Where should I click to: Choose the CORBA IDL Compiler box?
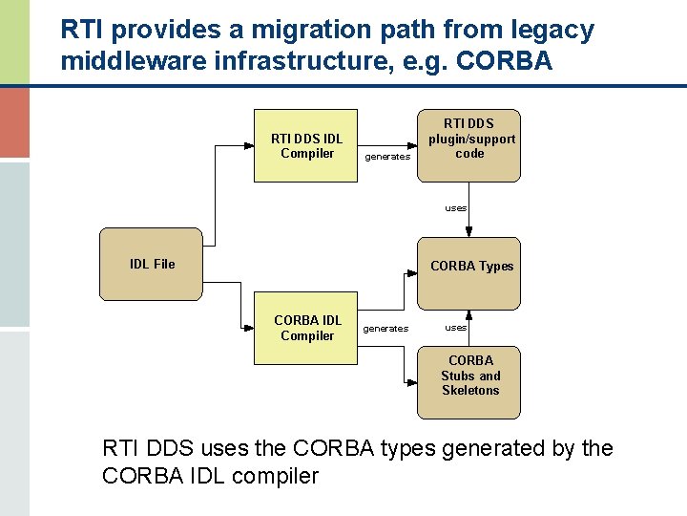[x=306, y=328]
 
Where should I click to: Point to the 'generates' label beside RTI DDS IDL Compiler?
[x=387, y=157]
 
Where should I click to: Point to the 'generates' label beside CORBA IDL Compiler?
[x=385, y=329]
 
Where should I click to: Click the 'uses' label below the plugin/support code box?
[x=456, y=207]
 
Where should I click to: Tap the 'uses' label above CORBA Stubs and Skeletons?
[x=456, y=328]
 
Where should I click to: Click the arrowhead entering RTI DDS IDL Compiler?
[x=249, y=147]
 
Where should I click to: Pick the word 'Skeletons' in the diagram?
[x=470, y=391]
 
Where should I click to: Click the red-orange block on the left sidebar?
[x=14, y=120]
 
